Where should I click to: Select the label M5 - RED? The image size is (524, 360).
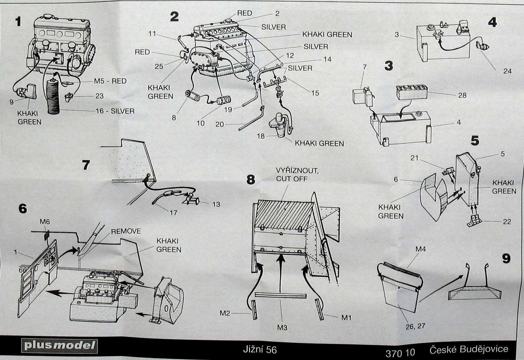point(110,81)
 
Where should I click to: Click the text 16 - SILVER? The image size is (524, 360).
point(115,111)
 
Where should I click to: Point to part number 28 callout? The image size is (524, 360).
point(462,95)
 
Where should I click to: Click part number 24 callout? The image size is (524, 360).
point(507,71)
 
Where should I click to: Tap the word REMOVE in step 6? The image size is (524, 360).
point(126,231)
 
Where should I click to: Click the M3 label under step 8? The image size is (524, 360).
point(282,327)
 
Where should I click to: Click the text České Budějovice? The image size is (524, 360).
point(469,349)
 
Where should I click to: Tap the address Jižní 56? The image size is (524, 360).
point(259,350)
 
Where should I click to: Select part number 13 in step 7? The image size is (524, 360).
point(216,204)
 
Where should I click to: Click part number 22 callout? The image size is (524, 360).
point(507,222)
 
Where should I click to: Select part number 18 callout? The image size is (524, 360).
point(261,136)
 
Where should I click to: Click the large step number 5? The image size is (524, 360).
point(475,141)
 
